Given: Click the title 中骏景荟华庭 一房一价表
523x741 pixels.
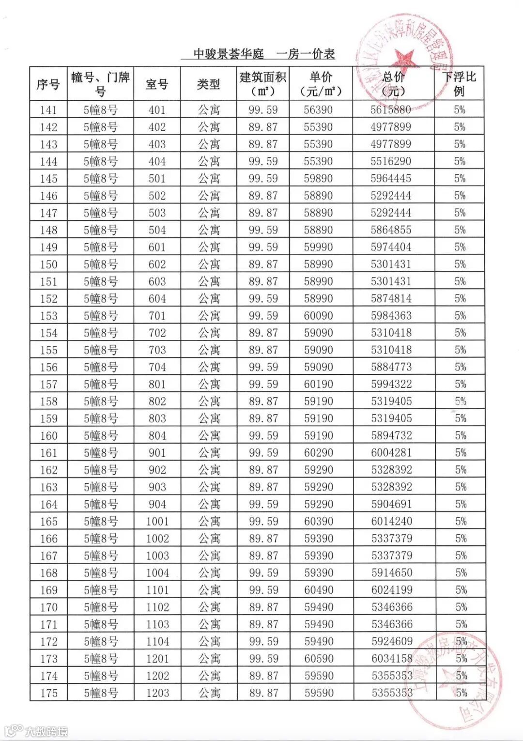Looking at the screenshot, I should [264, 54].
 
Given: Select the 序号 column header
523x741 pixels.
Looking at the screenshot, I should [48, 84].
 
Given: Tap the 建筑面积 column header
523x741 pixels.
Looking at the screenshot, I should [263, 84].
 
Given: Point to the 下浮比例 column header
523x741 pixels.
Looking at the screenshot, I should [459, 84].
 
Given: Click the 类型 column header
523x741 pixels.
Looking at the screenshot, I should [209, 84].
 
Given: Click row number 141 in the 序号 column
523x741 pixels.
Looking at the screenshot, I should [48, 110].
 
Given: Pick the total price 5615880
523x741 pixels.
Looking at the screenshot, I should [391, 110].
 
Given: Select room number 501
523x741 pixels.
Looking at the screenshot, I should [157, 179].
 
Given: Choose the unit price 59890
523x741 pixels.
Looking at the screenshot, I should [318, 179].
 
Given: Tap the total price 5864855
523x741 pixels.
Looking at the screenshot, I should [391, 230].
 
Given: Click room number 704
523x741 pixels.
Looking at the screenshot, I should [157, 367].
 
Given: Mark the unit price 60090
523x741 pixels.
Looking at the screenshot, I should [318, 316].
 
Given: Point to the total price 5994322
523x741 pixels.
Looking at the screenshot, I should [391, 384].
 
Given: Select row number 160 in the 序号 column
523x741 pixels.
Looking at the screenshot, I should [48, 436].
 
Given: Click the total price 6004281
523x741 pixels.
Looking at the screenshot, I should [391, 453].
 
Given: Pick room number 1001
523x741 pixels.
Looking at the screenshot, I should [157, 522].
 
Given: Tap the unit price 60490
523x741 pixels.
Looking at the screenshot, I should [319, 590].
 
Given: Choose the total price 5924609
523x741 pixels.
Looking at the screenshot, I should [392, 642].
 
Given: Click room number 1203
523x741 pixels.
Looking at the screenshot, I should [158, 693].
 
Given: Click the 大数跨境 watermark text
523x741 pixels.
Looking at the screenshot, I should [46, 731].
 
